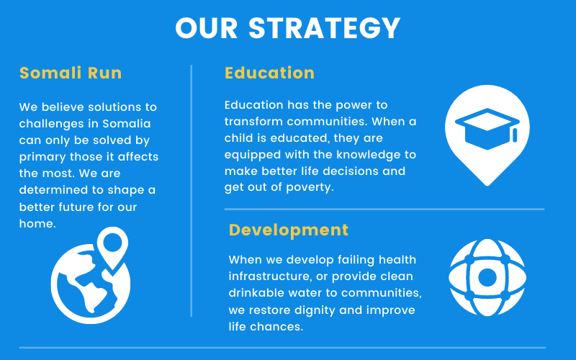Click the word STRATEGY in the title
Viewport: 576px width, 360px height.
click(325, 28)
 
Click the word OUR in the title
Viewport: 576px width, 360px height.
click(207, 28)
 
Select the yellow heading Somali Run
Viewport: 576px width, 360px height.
click(71, 73)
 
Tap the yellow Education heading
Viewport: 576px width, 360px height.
click(269, 73)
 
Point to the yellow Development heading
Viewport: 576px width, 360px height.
click(289, 230)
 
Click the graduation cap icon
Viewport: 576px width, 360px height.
click(487, 129)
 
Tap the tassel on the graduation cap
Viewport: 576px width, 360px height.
click(515, 135)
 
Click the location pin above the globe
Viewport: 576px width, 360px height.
click(113, 247)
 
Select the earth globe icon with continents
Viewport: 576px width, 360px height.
click(91, 284)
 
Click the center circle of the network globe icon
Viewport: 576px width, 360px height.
click(487, 277)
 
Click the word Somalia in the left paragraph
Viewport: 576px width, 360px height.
click(127, 123)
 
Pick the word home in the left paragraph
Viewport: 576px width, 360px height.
click(37, 223)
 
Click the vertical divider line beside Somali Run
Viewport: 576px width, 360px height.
click(192, 191)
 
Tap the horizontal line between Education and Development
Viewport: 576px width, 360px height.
click(384, 209)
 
